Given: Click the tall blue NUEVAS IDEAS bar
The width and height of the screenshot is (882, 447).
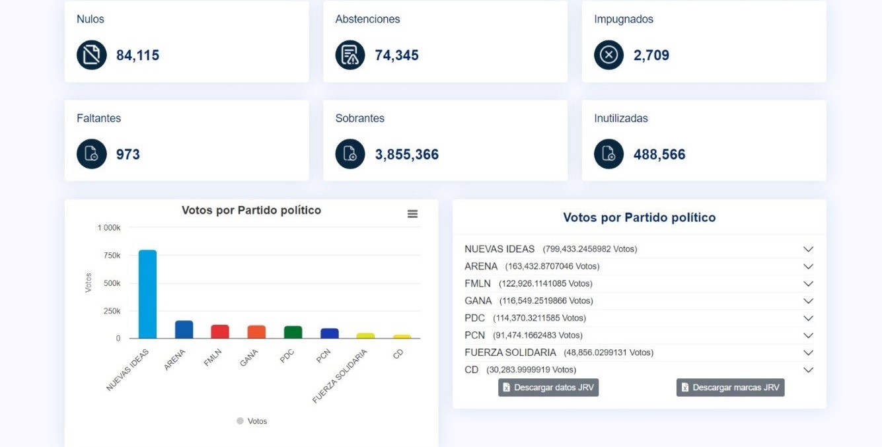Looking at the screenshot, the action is coord(147,294).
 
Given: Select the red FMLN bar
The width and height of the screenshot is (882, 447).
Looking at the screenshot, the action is coord(220,331).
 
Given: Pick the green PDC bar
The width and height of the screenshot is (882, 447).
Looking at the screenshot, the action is coord(293,332).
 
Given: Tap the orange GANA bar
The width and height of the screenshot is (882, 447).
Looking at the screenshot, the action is coord(256,331).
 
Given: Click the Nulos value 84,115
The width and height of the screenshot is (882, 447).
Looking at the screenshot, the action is coord(138,55).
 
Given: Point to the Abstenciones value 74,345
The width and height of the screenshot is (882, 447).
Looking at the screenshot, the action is coord(396,55).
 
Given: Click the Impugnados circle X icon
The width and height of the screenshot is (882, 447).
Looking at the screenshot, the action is coord(608,55).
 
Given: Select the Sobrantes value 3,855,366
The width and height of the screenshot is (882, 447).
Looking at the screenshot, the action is coord(407,155).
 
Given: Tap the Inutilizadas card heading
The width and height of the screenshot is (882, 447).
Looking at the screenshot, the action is coord(621,118).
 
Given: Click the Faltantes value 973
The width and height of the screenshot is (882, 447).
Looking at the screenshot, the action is coord(128,155).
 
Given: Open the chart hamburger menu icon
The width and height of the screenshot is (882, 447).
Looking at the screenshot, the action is coord(412,214).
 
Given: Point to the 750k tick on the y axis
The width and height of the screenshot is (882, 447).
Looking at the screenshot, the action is coord(112,256).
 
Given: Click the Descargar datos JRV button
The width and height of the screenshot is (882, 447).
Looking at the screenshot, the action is coord(548,388).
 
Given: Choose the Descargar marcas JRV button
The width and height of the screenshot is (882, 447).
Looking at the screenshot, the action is coord(731,388).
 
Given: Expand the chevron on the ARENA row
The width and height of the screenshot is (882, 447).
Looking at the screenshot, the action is coord(809,266).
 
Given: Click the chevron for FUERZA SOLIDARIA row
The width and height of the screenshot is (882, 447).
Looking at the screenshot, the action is coord(809,353).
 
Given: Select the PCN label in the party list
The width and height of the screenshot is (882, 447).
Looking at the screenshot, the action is coord(474,335).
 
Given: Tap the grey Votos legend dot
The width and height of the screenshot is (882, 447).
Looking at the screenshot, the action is coord(240,421).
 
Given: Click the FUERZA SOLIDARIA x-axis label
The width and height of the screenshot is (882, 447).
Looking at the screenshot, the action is coord(340,376).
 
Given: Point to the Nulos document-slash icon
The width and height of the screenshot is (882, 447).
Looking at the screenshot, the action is coord(91,55).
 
